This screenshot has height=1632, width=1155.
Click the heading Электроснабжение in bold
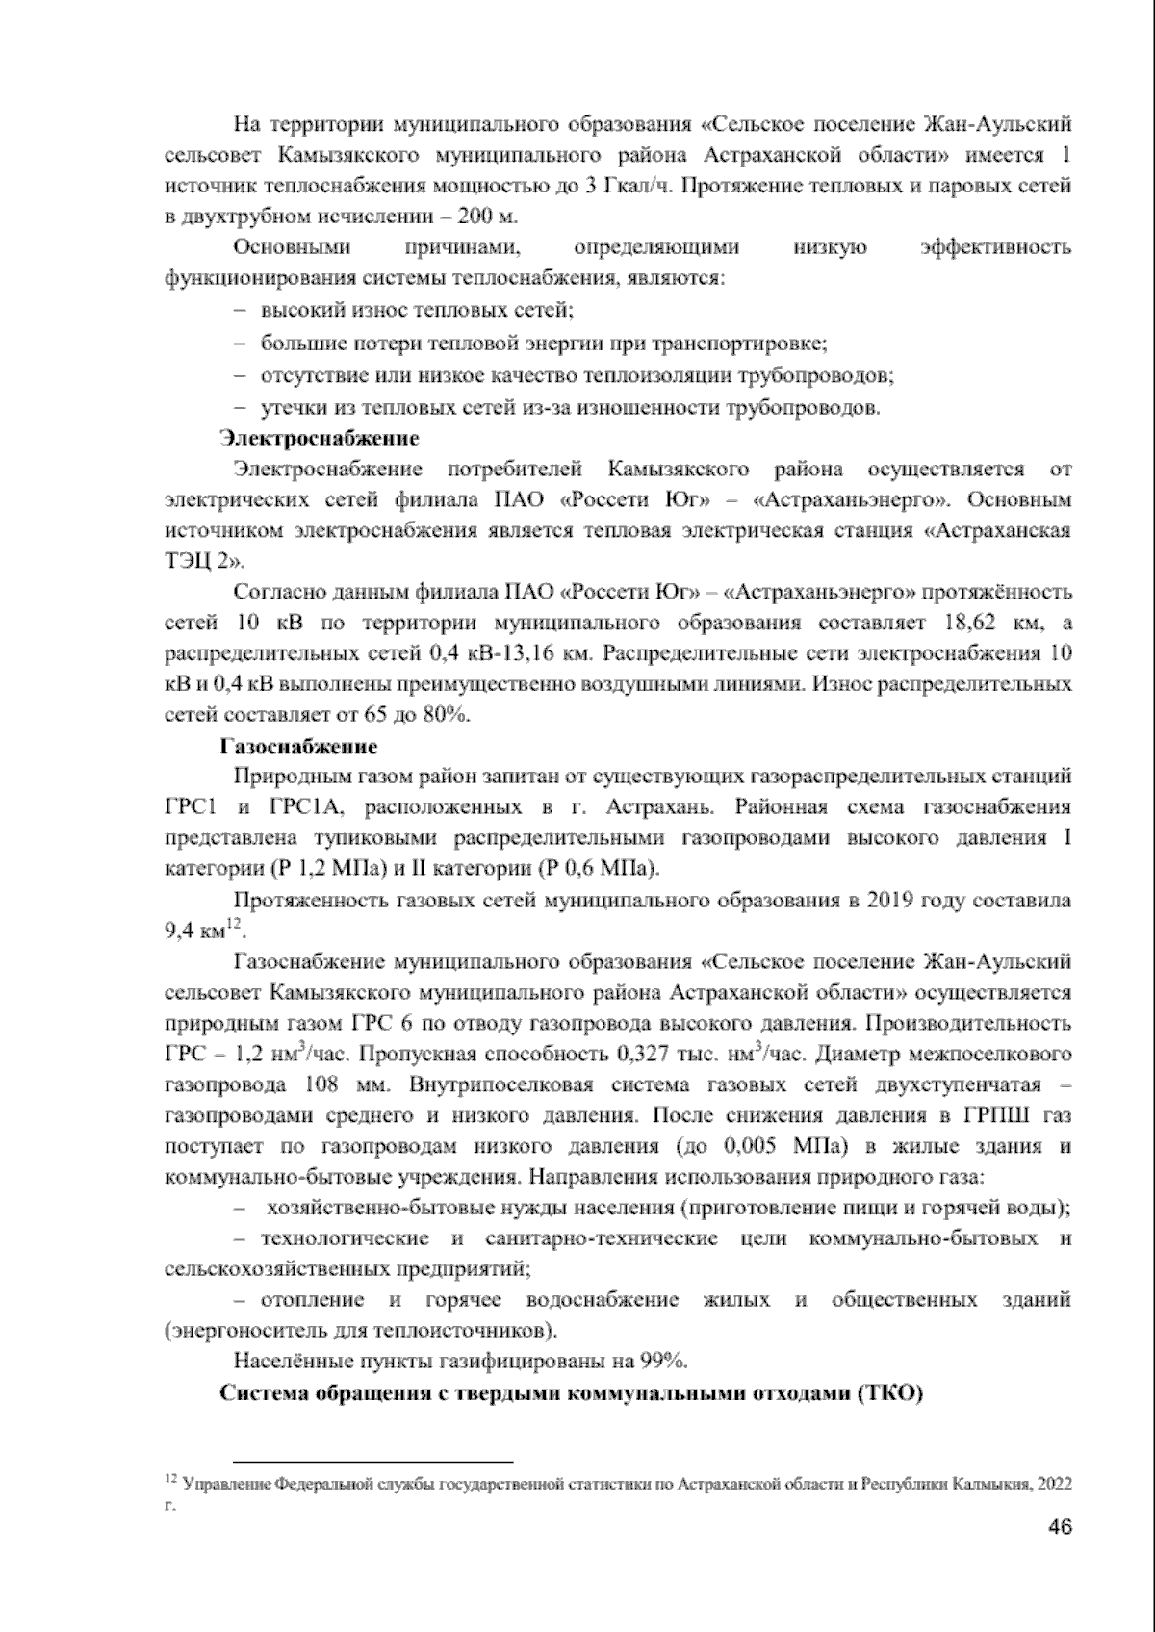click(320, 439)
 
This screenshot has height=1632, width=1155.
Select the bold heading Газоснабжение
click(299, 747)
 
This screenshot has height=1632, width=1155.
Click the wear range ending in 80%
click(446, 716)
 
